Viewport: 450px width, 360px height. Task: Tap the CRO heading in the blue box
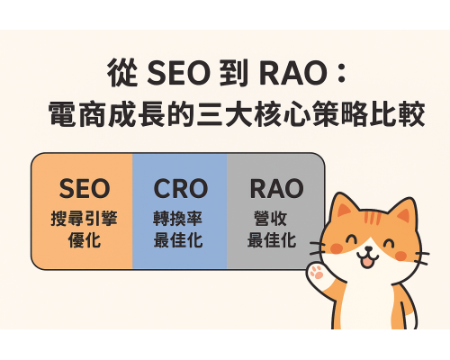tap(180, 189)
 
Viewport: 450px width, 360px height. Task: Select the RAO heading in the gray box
tap(275, 189)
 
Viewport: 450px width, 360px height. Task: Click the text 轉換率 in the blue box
tap(180, 219)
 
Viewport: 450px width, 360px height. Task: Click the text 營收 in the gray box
tap(274, 219)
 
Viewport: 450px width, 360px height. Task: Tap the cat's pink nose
tap(372, 251)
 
